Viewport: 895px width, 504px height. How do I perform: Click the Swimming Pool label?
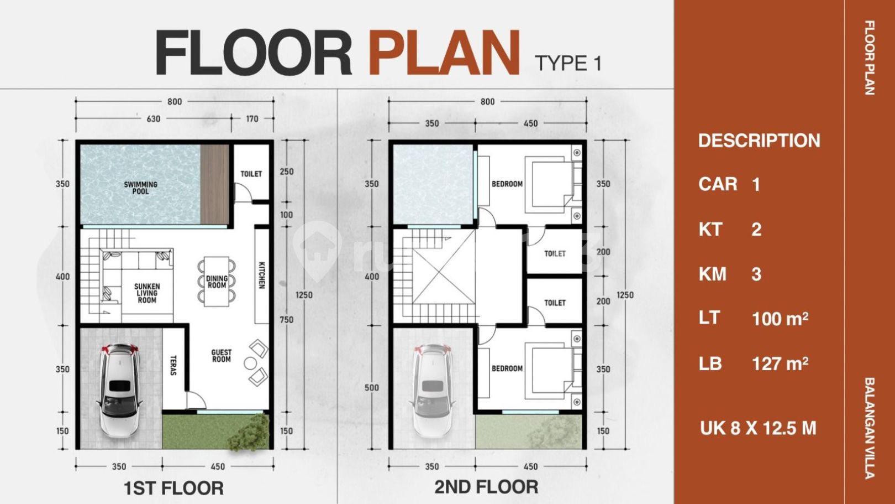point(140,188)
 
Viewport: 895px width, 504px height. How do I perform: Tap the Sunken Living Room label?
point(147,293)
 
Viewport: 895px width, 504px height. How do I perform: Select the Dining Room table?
point(217,282)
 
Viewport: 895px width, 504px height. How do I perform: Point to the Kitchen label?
point(262,275)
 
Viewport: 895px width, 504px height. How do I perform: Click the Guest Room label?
point(222,356)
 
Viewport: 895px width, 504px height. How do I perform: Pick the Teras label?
point(173,365)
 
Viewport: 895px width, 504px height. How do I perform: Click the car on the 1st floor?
point(120,390)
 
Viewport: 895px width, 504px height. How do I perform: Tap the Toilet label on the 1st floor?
point(251,174)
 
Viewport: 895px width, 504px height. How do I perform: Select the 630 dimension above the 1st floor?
point(154,119)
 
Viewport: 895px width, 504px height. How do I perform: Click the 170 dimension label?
point(251,119)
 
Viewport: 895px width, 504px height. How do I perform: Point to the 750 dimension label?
point(286,320)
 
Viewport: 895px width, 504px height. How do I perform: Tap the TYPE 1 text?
point(568,63)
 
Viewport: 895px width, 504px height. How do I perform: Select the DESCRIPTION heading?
point(759,141)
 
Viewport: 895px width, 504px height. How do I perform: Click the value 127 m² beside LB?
point(780,363)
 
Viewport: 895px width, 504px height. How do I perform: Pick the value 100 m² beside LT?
point(780,319)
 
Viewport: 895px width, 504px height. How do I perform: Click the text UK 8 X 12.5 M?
point(758,428)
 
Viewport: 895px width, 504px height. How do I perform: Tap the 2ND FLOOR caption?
point(486,487)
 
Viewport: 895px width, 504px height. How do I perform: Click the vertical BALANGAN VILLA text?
point(870,428)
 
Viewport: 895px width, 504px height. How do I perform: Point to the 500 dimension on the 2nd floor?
point(372,388)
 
